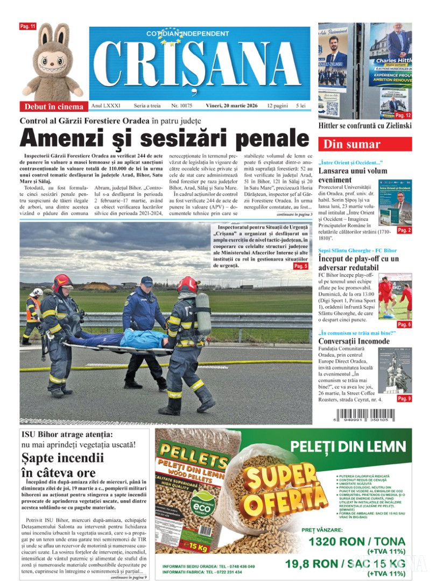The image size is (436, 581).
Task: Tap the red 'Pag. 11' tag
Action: tap(27, 26)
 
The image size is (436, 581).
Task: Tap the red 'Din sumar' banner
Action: tap(365, 144)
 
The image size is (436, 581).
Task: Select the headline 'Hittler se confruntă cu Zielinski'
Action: tap(365, 125)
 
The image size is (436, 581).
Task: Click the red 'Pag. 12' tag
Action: tap(403, 115)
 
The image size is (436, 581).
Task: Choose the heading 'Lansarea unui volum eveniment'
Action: tap(353, 175)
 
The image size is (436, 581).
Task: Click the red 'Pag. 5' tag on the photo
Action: tap(300, 266)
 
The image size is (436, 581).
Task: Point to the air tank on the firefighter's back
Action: tap(203, 313)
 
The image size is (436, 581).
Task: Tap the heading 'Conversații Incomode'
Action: tap(354, 341)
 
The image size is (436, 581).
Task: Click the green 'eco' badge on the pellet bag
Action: tap(196, 503)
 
